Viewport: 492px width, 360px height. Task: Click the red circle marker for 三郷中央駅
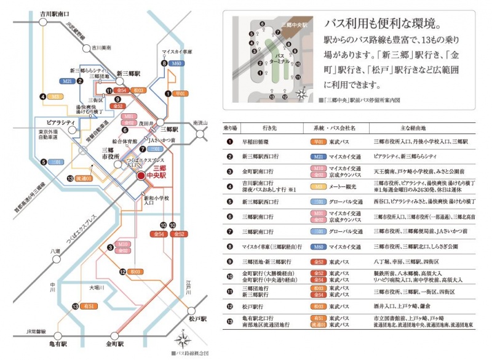tap(141, 176)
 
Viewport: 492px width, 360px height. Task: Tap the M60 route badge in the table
tap(319, 246)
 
